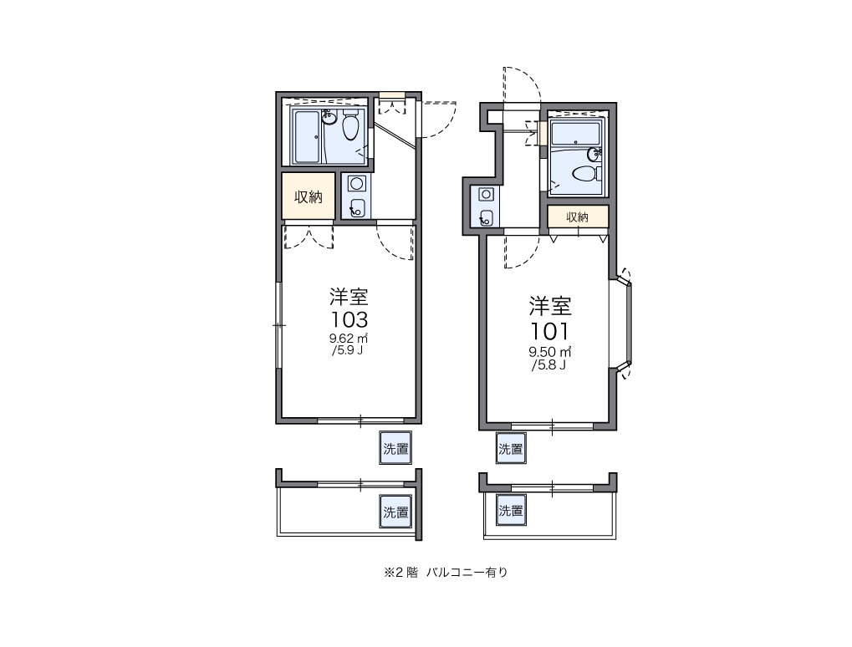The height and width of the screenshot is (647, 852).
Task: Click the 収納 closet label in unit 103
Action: click(308, 196)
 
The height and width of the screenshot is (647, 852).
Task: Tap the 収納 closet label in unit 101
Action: click(577, 217)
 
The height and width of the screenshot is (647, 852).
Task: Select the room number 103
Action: click(349, 318)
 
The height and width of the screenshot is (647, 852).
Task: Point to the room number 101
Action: click(549, 331)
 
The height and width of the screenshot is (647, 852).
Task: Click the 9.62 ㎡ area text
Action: click(349, 338)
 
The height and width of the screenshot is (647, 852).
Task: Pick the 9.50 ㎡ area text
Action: click(549, 352)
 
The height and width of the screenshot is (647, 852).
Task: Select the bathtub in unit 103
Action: click(308, 135)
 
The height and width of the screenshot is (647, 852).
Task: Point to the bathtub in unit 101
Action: click(576, 134)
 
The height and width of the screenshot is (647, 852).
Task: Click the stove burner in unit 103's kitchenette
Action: click(356, 184)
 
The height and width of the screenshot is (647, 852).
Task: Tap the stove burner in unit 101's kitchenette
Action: click(486, 194)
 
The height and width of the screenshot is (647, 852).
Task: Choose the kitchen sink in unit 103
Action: click(357, 207)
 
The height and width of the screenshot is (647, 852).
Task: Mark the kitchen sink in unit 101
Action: click(486, 217)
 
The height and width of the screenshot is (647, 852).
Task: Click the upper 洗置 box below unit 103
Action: click(395, 447)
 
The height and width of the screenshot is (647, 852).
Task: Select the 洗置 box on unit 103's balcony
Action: click(395, 512)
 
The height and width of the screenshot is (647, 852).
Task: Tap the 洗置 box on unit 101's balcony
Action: click(511, 510)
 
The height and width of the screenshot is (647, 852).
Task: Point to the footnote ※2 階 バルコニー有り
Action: click(446, 572)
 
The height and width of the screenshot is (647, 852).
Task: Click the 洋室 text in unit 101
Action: click(550, 306)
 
